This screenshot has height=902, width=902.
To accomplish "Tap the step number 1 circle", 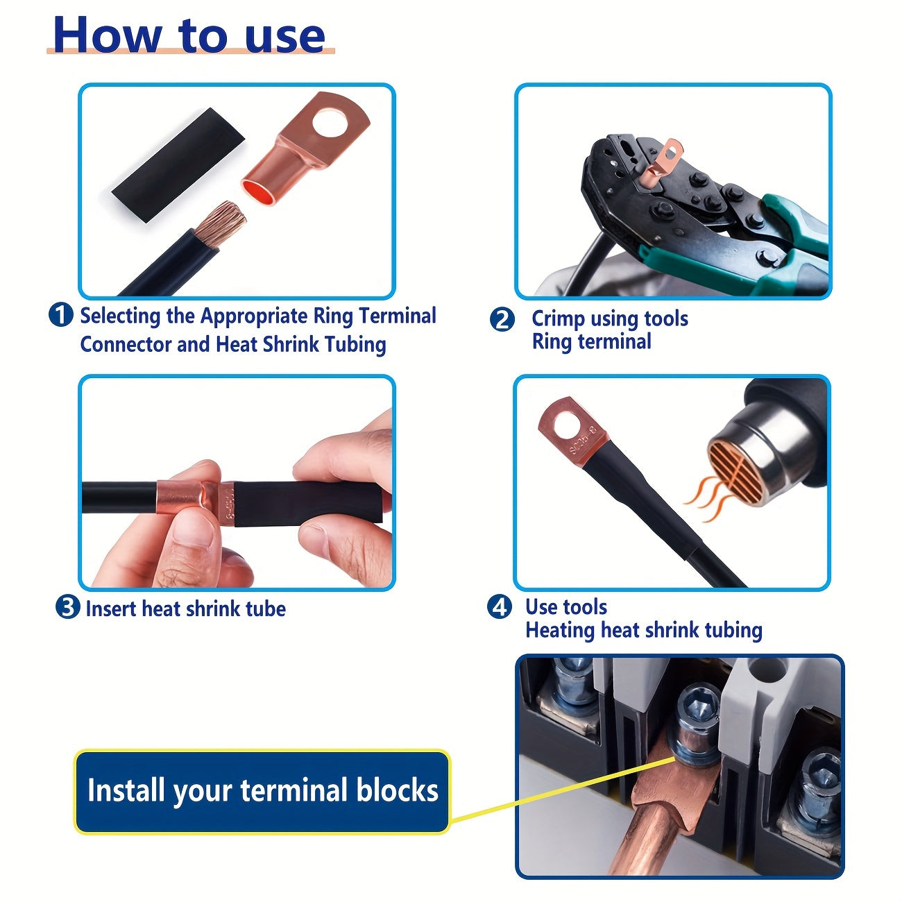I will [61, 316].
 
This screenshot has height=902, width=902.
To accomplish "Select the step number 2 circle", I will [502, 320].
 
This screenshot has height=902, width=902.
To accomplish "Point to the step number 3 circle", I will [67, 608].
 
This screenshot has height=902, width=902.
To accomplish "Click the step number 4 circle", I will [500, 607].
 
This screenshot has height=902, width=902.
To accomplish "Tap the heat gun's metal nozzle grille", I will [735, 465].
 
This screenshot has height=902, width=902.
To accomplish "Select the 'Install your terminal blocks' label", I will [262, 791].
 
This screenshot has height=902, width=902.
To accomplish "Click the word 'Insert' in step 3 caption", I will [111, 609].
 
